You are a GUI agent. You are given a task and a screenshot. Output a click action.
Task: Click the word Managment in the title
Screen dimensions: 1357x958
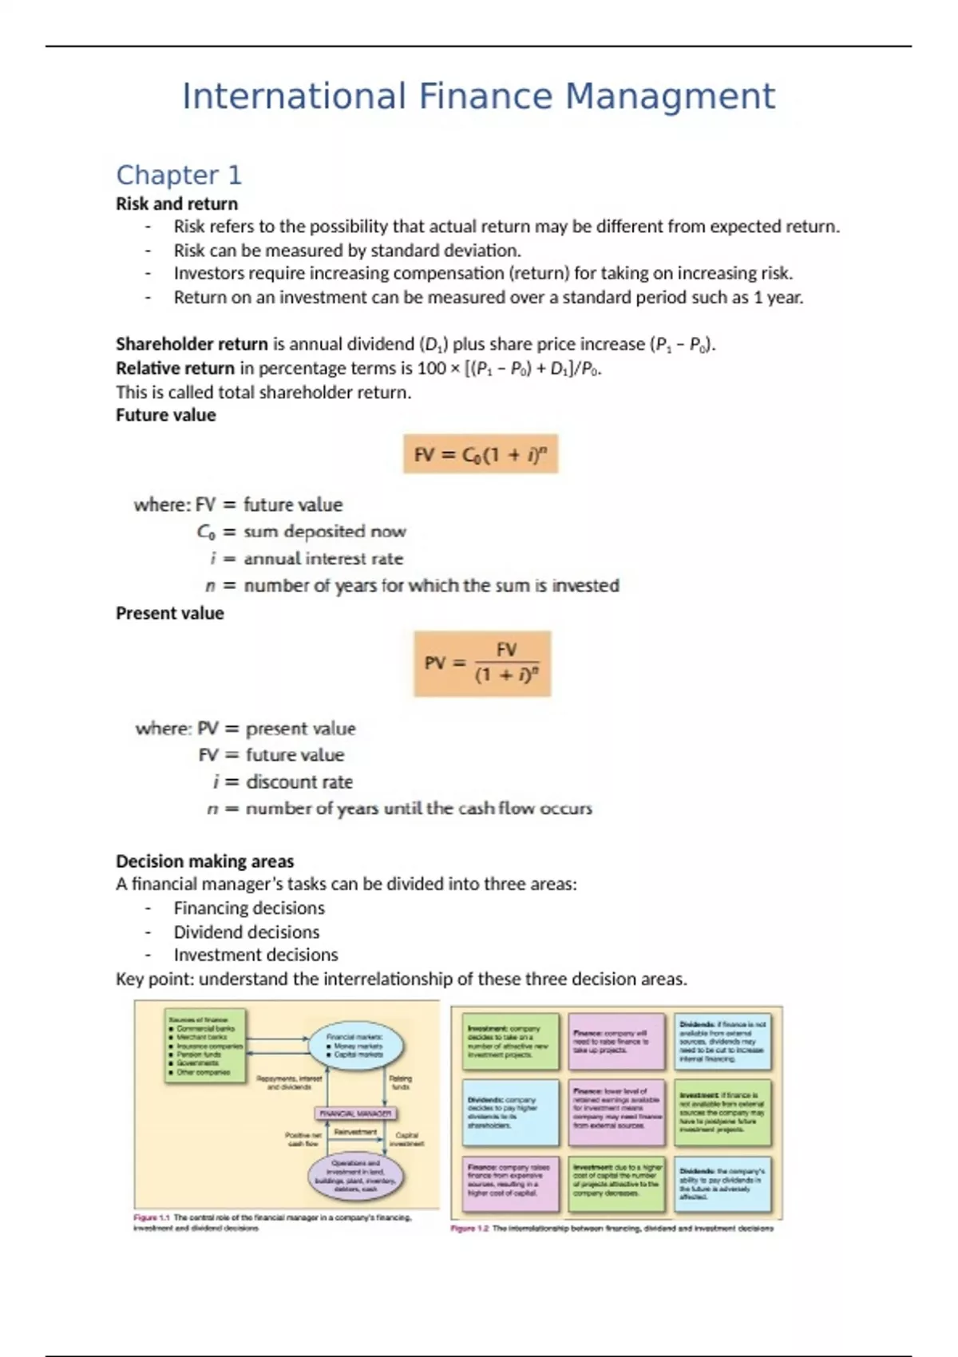tap(670, 97)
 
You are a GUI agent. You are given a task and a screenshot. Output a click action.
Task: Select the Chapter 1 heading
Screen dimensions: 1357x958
tap(179, 175)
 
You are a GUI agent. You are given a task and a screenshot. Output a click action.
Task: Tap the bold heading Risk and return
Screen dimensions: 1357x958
tap(176, 204)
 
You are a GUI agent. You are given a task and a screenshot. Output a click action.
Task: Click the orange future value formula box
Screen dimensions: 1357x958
tap(480, 454)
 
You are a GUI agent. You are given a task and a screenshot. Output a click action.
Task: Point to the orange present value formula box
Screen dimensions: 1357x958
tap(482, 663)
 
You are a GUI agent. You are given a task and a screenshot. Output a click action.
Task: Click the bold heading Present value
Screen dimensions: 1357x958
tap(169, 613)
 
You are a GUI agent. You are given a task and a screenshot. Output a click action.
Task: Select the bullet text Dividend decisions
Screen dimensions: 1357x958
tap(247, 932)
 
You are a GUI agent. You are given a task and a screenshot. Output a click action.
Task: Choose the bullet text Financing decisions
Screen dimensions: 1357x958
tap(249, 908)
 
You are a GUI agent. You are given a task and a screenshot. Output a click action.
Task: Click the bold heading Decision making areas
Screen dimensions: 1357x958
tap(204, 861)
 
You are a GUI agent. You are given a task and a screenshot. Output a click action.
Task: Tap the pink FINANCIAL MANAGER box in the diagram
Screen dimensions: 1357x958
tap(355, 1113)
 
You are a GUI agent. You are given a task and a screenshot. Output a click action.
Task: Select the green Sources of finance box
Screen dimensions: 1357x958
tap(205, 1046)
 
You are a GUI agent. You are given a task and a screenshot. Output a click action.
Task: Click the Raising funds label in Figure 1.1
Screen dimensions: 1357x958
tap(401, 1082)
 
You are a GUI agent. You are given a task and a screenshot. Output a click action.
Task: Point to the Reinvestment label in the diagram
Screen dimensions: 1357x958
tap(355, 1132)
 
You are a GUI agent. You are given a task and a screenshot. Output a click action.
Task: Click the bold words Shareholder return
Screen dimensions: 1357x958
tap(192, 344)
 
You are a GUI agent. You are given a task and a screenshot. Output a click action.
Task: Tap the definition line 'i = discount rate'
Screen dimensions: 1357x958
tap(283, 781)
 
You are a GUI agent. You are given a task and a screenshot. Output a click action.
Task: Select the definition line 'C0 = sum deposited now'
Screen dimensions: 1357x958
tap(301, 532)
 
